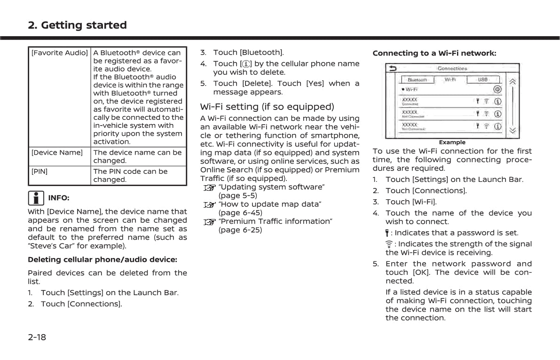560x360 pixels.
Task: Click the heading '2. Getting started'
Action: pos(77,25)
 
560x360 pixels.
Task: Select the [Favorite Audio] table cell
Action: pos(60,53)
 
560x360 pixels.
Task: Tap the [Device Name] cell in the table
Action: pos(57,153)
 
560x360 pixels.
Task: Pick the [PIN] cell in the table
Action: pos(39,172)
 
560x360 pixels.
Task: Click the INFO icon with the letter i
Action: pos(36,197)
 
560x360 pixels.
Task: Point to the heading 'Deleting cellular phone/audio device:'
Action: pos(102,259)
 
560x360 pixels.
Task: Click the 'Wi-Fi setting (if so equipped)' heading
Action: pos(267,107)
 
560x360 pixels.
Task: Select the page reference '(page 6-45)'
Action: pos(240,212)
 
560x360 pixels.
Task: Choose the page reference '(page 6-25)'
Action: pos(240,230)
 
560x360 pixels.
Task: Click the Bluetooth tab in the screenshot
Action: pos(417,80)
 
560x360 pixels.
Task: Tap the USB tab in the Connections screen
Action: pos(482,80)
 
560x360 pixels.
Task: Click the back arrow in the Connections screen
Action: pos(392,69)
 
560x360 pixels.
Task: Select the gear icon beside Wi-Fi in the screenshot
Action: pos(497,89)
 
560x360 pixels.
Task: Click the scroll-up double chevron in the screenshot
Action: pos(513,81)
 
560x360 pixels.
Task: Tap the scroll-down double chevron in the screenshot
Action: pos(513,130)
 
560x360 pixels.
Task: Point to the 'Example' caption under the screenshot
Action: pos(452,142)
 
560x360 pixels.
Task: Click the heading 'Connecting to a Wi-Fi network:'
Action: pos(434,54)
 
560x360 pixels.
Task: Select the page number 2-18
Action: pos(37,337)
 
